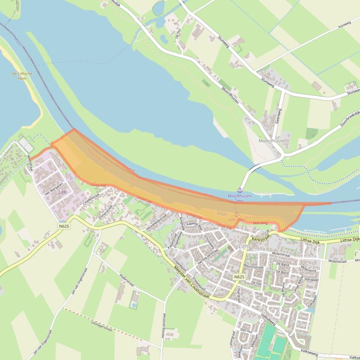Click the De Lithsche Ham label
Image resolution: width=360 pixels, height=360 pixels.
tap(22, 76)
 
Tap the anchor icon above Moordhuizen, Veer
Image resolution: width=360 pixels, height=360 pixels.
tap(240, 189)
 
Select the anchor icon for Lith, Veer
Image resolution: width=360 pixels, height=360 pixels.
tap(236, 214)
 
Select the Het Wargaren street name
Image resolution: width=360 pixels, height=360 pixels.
tap(53, 188)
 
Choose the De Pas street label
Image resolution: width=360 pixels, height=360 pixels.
tap(256, 283)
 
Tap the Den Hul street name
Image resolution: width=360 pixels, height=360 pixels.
tap(246, 330)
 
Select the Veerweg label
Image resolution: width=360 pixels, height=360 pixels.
tap(259, 223)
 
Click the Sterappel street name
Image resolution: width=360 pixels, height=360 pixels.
tap(311, 278)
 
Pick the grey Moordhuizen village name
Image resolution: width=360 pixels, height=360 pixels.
tap(272, 140)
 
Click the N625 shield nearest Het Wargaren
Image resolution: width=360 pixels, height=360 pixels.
tap(64, 226)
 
